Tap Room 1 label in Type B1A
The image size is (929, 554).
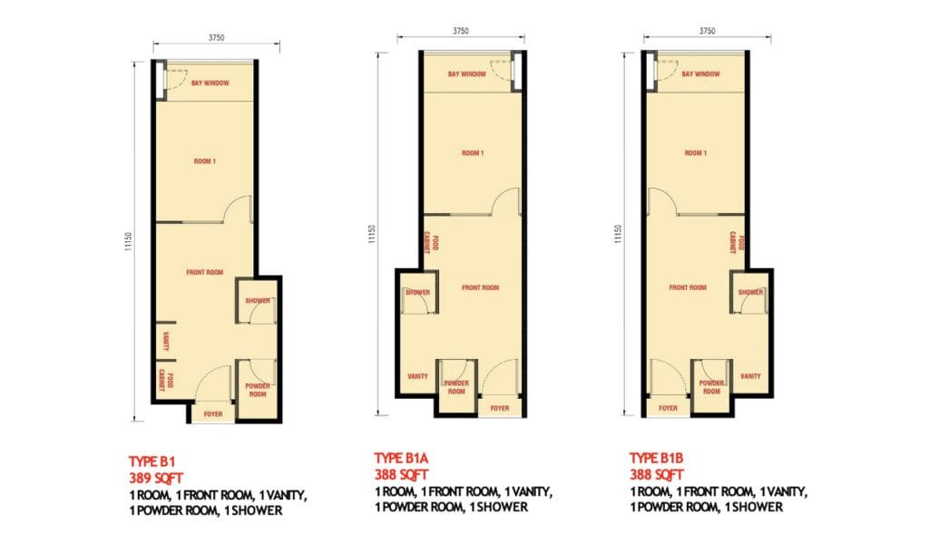472,153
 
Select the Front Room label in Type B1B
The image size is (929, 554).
688,287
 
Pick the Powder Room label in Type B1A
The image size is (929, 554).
455,387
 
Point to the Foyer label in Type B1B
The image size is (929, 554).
668,408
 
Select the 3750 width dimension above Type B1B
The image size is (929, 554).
708,31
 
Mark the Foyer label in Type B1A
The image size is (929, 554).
500,408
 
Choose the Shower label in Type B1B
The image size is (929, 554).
750,292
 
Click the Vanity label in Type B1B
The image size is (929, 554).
750,375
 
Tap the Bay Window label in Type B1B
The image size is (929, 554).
699,74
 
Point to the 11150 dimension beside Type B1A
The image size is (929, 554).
371,235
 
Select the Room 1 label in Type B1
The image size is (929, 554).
205,161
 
